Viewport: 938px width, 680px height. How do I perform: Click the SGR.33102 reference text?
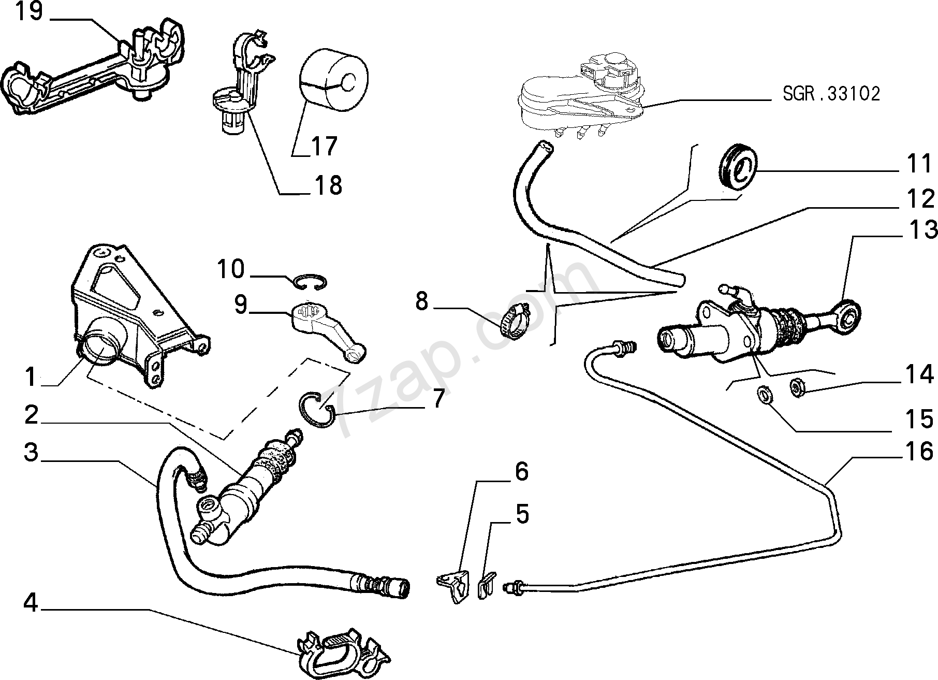point(831,94)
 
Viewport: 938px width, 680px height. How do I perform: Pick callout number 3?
point(32,452)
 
